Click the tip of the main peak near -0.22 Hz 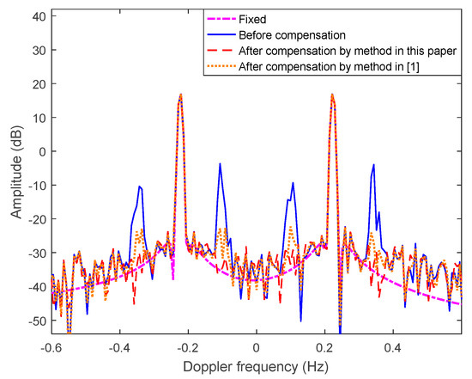pos(181,95)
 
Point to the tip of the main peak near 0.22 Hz pos(331,95)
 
